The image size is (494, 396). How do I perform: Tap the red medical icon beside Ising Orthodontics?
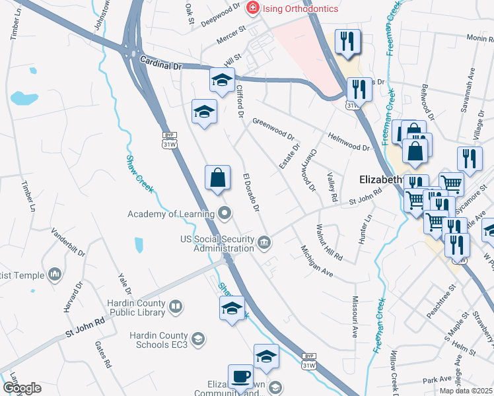coord(252,9)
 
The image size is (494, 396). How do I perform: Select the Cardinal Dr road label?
coord(160,62)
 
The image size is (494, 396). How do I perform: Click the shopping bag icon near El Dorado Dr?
coord(217,178)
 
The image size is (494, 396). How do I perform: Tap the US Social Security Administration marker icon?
coord(264,243)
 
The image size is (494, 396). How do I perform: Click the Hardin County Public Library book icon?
coord(176,307)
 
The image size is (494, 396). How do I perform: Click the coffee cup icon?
coord(240,378)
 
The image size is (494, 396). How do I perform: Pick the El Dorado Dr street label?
coord(252,194)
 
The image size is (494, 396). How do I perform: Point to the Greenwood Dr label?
coord(273,130)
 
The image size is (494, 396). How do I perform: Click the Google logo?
coord(22,388)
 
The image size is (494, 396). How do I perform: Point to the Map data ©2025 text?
coord(466,391)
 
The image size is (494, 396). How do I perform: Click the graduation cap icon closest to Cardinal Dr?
coord(222,81)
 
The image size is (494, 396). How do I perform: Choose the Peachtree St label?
coord(442,302)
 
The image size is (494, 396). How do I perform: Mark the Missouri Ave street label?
coord(354,321)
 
